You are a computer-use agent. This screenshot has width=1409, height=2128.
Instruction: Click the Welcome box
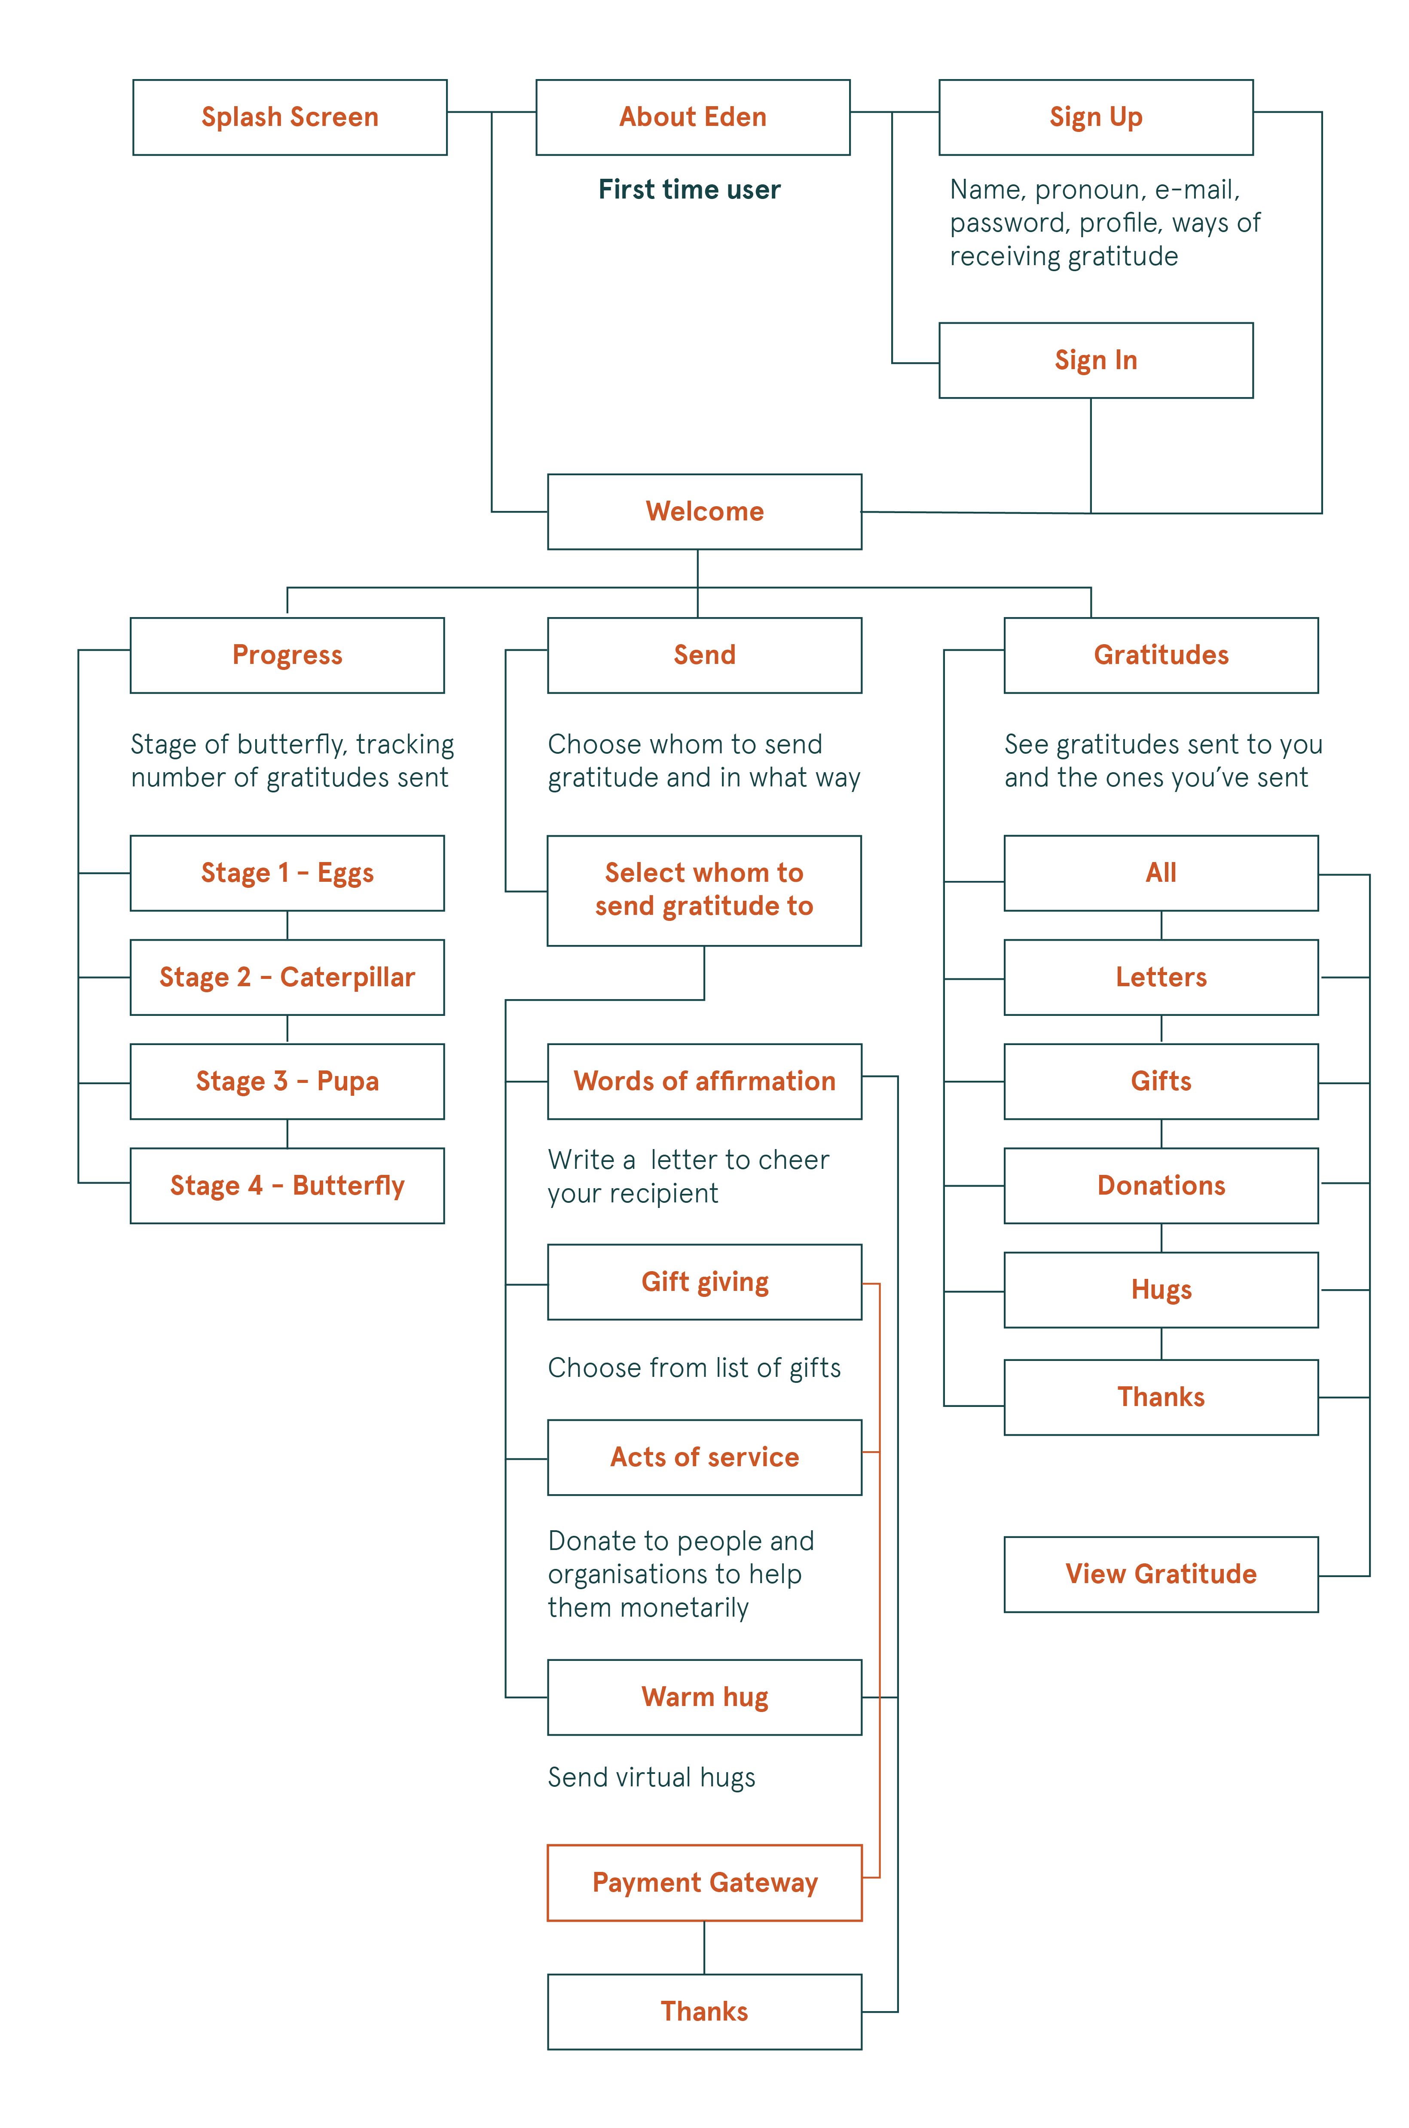tap(705, 511)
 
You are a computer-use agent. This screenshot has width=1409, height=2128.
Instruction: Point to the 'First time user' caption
tap(689, 190)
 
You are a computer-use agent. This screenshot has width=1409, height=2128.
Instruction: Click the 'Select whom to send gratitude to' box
tap(705, 890)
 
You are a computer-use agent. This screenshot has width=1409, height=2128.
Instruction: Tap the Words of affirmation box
tap(705, 1081)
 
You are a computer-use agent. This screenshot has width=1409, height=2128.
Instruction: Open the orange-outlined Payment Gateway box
tap(705, 1883)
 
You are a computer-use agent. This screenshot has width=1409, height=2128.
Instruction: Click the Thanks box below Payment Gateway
tap(705, 2011)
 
